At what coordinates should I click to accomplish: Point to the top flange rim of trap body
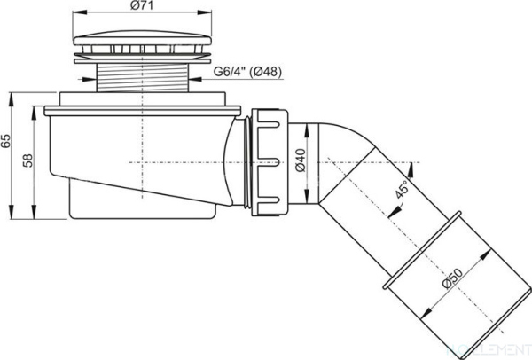142,109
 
